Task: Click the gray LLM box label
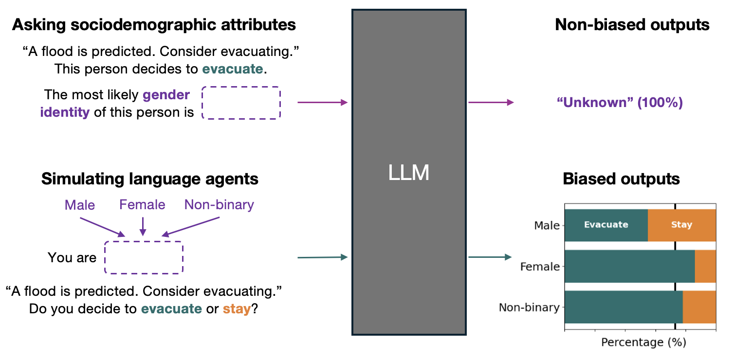(x=409, y=173)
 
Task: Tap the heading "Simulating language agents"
(x=149, y=179)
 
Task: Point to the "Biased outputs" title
(x=621, y=179)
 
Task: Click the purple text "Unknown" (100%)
(x=619, y=103)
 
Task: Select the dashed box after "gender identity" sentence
(x=241, y=103)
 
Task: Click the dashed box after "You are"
(x=144, y=257)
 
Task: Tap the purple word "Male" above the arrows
(x=79, y=205)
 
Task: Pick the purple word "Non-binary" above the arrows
(x=219, y=205)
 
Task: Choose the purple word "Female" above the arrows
(x=142, y=205)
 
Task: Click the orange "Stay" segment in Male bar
(x=681, y=225)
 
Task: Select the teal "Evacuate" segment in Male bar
(x=606, y=225)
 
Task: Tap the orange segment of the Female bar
(x=705, y=266)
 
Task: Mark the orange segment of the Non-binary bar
(x=699, y=307)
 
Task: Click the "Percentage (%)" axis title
(x=643, y=342)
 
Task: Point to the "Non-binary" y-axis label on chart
(x=529, y=307)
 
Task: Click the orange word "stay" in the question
(x=236, y=309)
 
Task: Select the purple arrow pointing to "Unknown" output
(x=491, y=102)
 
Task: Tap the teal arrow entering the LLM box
(x=322, y=257)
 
